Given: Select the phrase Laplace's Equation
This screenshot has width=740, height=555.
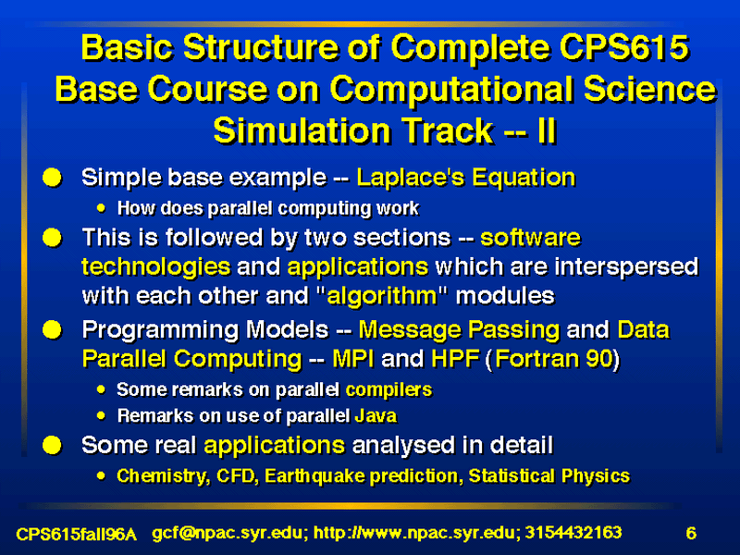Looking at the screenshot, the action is [466, 178].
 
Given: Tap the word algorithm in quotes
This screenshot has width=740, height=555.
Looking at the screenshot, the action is [382, 296].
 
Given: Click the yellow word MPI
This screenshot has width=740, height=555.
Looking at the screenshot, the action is [353, 359].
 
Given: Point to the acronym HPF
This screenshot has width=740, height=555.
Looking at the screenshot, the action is [455, 359].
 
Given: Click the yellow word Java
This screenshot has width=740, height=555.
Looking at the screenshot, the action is [376, 415].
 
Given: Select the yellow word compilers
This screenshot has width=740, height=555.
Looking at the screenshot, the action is [388, 389].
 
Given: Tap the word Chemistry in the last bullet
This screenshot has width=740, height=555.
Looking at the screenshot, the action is [163, 476].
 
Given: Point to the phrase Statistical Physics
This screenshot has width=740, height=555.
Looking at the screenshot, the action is [549, 476].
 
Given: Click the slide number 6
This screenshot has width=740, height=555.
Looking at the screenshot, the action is [691, 534].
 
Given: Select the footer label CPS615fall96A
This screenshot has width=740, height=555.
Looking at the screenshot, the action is [77, 535].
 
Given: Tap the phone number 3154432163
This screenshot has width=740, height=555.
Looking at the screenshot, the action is [573, 533].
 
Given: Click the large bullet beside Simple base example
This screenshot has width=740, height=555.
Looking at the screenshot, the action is [53, 178].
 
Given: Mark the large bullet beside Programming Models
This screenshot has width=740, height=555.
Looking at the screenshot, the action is [53, 330].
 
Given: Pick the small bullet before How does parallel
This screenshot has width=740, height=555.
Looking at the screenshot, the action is [101, 208].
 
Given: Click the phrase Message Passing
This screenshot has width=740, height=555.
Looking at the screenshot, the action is [459, 330].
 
